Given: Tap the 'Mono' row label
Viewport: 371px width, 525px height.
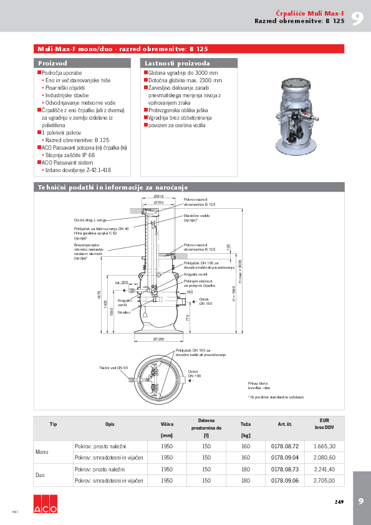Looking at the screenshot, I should [x=42, y=452].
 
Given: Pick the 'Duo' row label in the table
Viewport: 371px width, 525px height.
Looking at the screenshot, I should [x=40, y=475].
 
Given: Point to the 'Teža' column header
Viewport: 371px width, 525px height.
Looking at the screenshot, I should [x=246, y=424].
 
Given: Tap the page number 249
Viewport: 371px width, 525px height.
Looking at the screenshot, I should [x=339, y=502].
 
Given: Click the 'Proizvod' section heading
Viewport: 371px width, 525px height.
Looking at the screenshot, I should [x=53, y=64].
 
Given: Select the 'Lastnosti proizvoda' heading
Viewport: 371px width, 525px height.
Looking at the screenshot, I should [x=177, y=64].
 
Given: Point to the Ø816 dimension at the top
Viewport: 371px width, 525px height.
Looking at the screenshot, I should [x=158, y=196].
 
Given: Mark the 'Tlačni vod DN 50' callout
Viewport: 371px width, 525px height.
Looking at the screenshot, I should [x=113, y=368].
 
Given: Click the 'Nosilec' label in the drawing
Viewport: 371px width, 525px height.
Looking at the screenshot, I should [x=123, y=310].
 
